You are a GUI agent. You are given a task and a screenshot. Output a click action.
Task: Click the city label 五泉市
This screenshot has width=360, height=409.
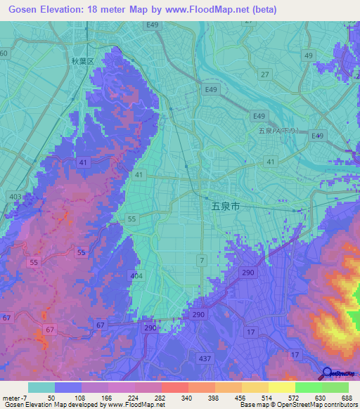tap(225, 207)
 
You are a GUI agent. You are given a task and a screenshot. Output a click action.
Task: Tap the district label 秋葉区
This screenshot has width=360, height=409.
tap(82, 61)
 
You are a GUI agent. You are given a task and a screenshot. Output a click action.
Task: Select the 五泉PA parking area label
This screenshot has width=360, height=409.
tap(278, 131)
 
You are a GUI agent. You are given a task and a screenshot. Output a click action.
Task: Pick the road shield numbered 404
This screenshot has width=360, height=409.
tap(135, 277)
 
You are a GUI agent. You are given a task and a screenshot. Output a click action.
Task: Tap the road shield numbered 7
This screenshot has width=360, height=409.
tap(202, 261)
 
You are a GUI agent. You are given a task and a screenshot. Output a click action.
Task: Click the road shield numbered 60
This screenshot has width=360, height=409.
tap(4, 53)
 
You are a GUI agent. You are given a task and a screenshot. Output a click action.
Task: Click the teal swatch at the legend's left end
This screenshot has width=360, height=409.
tap(41, 387)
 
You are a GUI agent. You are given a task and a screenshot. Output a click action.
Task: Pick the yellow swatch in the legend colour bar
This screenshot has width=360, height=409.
tap(281, 387)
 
